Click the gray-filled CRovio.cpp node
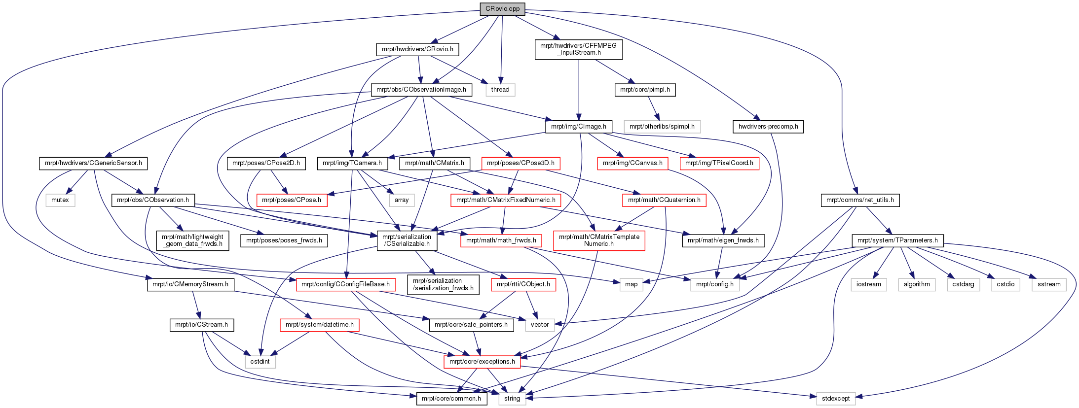pyautogui.click(x=502, y=9)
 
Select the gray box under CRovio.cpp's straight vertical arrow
pyautogui.click(x=500, y=90)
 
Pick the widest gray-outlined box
pyautogui.click(x=662, y=127)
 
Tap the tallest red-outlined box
pyautogui.click(x=599, y=241)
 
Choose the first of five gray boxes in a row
pyautogui.click(x=868, y=285)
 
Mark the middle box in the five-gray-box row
pyautogui.click(x=964, y=285)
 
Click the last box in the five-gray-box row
pyautogui.click(x=1049, y=285)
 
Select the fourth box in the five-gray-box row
pyautogui.click(x=1005, y=285)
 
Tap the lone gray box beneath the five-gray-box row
pyautogui.click(x=836, y=399)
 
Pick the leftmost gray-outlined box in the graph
pyautogui.click(x=60, y=201)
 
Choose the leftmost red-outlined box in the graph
pyautogui.click(x=292, y=200)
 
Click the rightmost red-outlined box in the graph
pyautogui.click(x=719, y=164)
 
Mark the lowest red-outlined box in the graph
pyautogui.click(x=482, y=362)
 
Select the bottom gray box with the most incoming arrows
pyautogui.click(x=512, y=399)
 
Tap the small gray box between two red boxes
pyautogui.click(x=402, y=200)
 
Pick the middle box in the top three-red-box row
pyautogui.click(x=633, y=164)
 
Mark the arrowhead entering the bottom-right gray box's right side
pyautogui.click(x=859, y=397)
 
